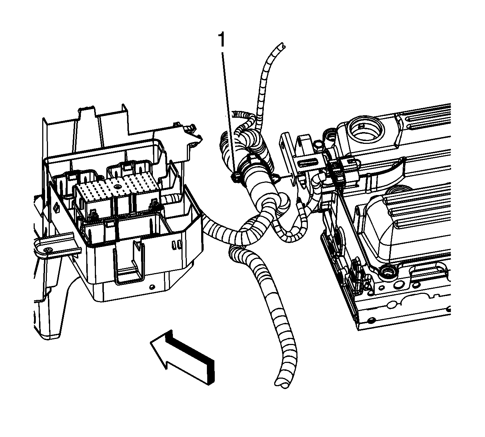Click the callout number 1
tap(222, 40)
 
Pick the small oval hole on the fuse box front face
tap(152, 287)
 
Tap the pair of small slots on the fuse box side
tap(177, 245)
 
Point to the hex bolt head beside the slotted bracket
tap(318, 145)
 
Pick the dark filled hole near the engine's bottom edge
tap(372, 321)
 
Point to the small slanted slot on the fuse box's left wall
tap(57, 207)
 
